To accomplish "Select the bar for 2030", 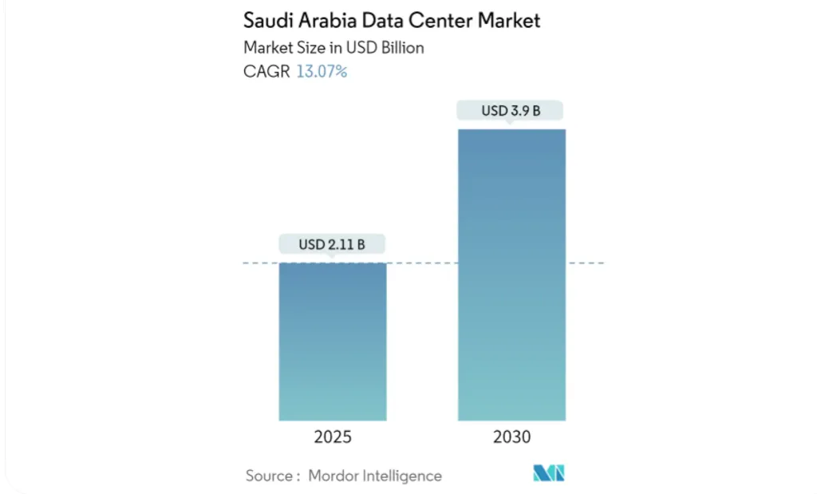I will [511, 275].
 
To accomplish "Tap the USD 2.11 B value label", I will [332, 244].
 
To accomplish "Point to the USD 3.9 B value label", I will [511, 110].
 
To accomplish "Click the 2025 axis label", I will [332, 437].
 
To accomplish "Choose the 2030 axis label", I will [511, 437].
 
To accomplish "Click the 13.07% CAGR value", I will [322, 72].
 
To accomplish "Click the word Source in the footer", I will [270, 476].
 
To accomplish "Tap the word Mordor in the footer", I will [335, 476].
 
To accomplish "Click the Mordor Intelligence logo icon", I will [549, 473].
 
